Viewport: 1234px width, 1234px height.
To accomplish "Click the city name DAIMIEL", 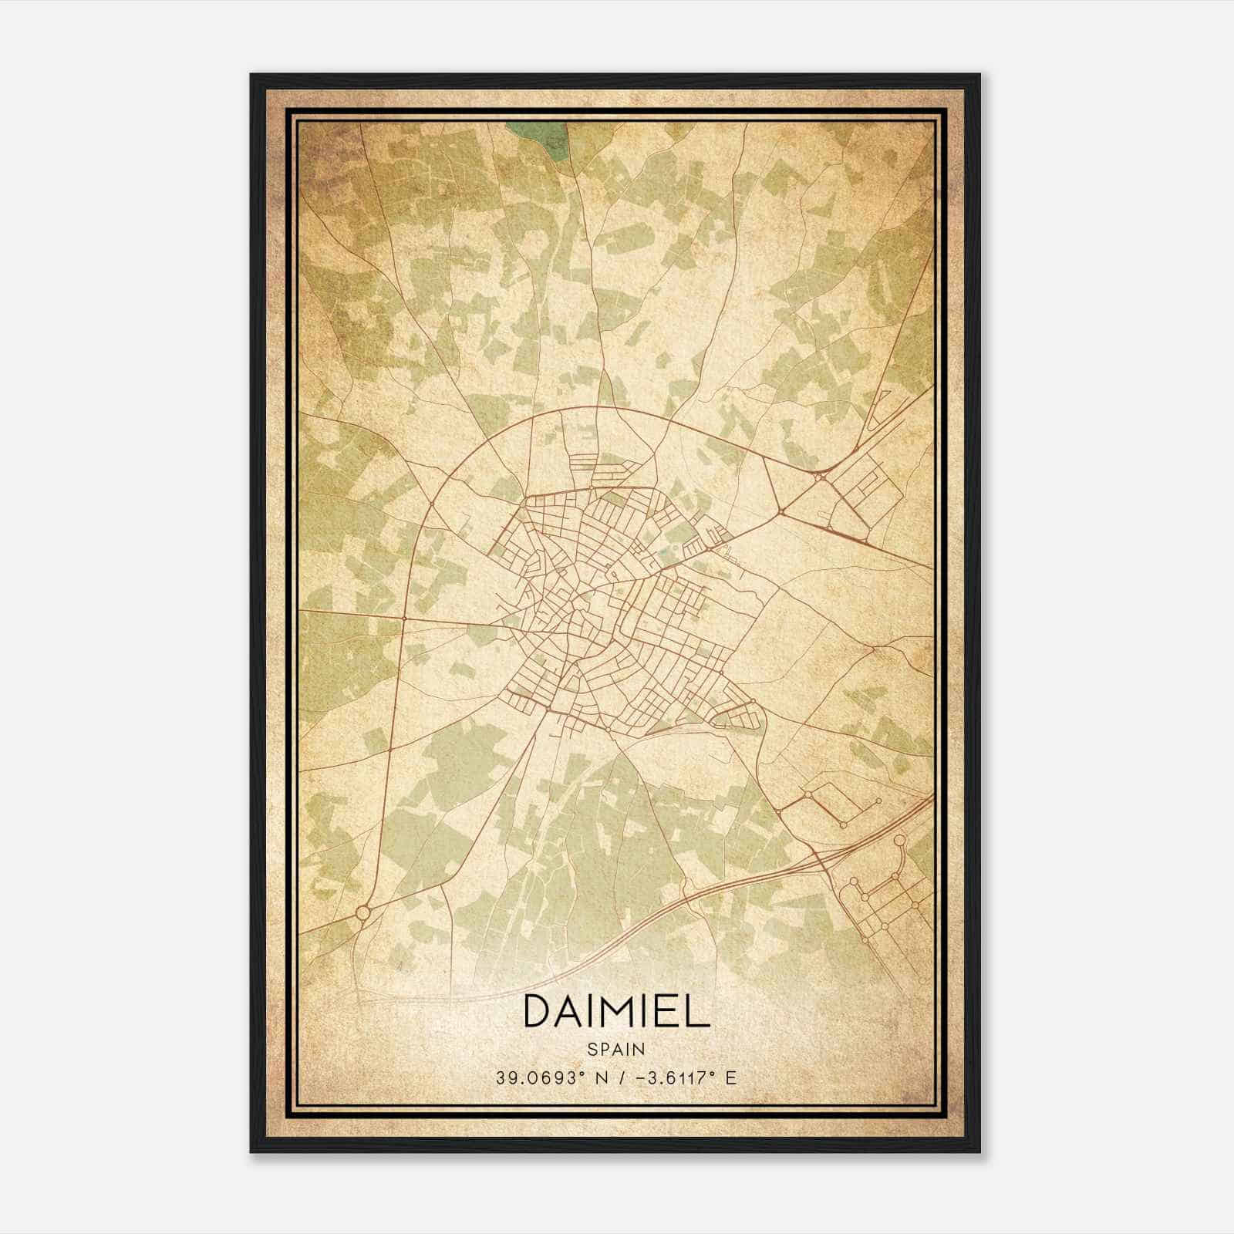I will (616, 1010).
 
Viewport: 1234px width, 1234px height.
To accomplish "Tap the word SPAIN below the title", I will (615, 1049).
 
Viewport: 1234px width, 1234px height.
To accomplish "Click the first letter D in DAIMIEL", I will (538, 1010).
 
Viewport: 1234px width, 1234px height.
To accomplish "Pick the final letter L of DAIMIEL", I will (697, 1010).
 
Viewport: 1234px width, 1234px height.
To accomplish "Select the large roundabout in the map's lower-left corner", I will (362, 913).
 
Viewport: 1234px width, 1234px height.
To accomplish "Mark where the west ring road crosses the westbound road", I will (403, 618).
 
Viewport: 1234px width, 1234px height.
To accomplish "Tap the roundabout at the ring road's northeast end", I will (821, 476).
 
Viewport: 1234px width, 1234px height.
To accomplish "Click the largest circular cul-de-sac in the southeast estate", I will (899, 841).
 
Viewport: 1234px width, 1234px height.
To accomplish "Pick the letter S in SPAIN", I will (591, 1049).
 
